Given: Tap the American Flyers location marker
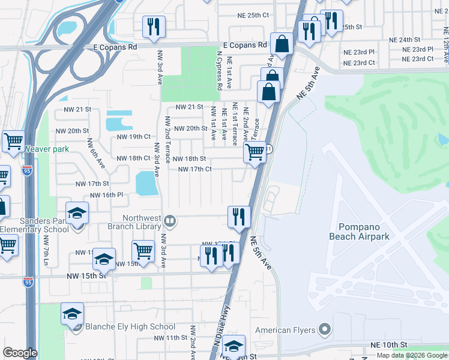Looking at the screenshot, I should tap(325, 329).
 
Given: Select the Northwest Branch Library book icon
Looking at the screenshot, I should tap(170, 221).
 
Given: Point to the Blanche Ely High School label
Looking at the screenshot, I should tap(130, 327).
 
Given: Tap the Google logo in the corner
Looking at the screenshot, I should tap(20, 353).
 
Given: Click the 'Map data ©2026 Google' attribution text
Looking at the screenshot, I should tap(412, 355).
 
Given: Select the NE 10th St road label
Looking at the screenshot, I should tap(389, 345).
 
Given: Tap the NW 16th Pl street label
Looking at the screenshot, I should tap(106, 195).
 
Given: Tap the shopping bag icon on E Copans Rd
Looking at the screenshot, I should tap(282, 43).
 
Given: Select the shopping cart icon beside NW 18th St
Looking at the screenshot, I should tap(255, 152).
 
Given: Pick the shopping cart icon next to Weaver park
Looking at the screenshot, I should tap(13, 142).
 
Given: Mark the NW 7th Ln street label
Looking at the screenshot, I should tap(46, 250).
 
